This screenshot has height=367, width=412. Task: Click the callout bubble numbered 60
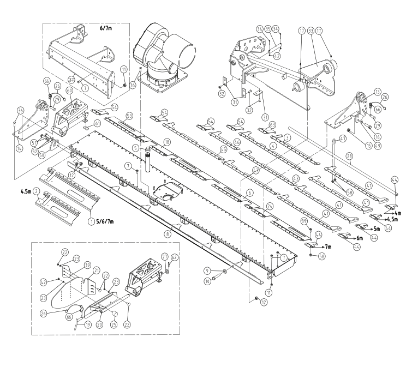coord(69,91)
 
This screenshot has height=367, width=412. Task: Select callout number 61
coord(97,124)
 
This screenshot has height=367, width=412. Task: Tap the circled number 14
coord(20,148)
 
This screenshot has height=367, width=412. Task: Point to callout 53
coord(129,116)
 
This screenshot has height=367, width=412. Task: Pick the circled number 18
coord(166,141)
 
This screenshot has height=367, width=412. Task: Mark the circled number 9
coord(207,271)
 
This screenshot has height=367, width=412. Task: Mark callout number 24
coord(269,206)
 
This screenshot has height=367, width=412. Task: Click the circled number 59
coord(304,221)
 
